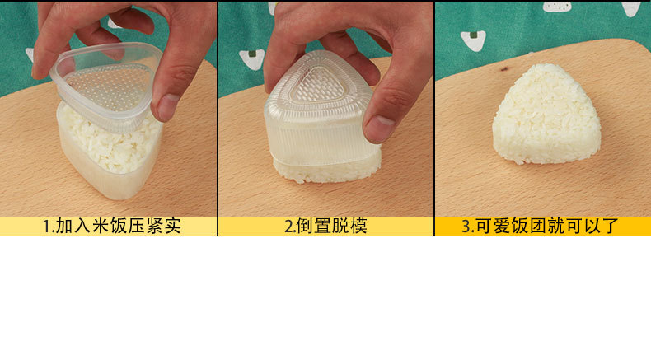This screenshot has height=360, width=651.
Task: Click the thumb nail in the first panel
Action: (167, 105)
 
